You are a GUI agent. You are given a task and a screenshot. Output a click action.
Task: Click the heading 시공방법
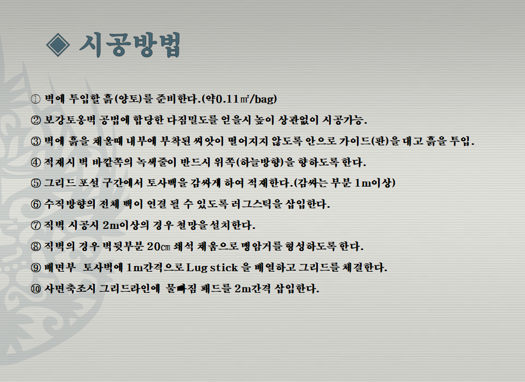click(130, 44)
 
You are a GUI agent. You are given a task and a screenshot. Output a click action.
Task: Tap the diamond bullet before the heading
click(58, 45)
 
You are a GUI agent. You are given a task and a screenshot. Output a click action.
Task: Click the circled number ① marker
click(36, 99)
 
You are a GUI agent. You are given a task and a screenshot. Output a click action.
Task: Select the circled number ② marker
click(36, 120)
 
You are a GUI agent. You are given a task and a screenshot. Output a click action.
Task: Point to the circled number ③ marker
click(36, 141)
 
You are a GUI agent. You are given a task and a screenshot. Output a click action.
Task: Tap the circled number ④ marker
click(36, 162)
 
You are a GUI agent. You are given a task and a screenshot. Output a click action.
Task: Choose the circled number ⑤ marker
click(36, 184)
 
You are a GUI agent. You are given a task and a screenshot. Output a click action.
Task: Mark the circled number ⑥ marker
click(36, 204)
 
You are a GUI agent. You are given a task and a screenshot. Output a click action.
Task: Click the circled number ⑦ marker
click(36, 225)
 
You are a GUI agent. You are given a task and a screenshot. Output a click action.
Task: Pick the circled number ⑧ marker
click(36, 246)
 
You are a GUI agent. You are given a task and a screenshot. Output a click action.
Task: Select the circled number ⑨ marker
click(36, 268)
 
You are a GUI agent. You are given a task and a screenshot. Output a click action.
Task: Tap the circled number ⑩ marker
click(36, 289)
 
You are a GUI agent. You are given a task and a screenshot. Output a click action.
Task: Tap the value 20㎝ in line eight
click(159, 246)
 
